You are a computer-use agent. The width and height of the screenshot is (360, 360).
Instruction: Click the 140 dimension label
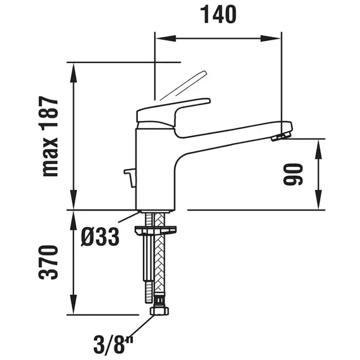point(219,15)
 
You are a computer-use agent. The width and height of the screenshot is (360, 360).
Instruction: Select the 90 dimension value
point(293,174)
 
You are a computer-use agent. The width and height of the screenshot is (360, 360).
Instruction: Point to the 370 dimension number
point(48,262)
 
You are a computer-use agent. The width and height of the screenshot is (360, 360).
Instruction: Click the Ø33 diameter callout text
point(100,237)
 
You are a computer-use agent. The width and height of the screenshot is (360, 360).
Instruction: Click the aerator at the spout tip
point(281,136)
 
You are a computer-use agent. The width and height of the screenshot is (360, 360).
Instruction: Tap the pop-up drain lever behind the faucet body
point(130,178)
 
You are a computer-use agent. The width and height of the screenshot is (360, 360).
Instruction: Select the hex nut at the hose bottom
point(159,311)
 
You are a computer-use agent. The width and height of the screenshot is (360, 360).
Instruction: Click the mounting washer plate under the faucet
point(156,230)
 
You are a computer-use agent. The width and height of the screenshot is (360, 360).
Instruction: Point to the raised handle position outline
point(184,85)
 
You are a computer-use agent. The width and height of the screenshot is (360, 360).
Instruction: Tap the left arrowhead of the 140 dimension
point(166,39)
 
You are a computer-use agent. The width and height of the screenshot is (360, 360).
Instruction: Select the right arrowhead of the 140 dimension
point(271,39)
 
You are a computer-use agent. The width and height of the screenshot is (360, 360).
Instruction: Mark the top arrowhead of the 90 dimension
point(318,149)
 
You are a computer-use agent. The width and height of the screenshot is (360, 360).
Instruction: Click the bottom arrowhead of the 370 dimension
point(74,304)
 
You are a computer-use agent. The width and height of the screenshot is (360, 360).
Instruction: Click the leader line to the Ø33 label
point(129,217)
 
